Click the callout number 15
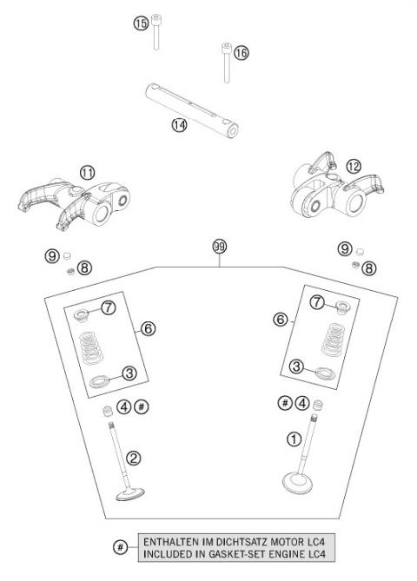[x=141, y=23]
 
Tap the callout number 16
[x=241, y=53]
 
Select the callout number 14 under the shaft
[x=179, y=125]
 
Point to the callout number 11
[x=86, y=172]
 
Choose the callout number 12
[x=328, y=166]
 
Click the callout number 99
[x=219, y=247]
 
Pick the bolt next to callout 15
[x=156, y=32]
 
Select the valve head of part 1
[x=302, y=479]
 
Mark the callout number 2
[x=134, y=458]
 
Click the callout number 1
[x=294, y=439]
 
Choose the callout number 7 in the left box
[x=109, y=307]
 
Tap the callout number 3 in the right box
[x=297, y=367]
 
